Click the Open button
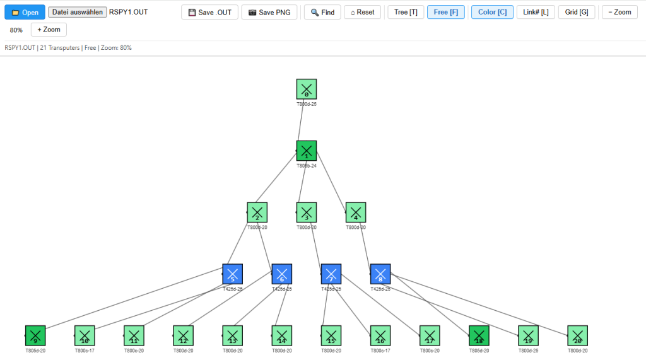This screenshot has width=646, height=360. click(x=25, y=12)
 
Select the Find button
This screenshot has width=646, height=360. click(x=322, y=12)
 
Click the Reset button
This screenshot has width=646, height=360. click(x=363, y=12)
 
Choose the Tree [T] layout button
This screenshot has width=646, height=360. click(x=406, y=12)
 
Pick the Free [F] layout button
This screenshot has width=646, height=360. click(x=446, y=12)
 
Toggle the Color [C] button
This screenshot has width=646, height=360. click(x=492, y=12)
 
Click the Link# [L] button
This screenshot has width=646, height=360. click(x=536, y=12)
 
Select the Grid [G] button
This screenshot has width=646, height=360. click(x=577, y=12)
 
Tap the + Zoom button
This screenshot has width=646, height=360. click(x=49, y=30)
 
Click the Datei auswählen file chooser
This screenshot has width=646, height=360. click(x=78, y=12)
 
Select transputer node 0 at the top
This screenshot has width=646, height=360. click(x=307, y=89)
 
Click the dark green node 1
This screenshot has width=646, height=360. click(x=307, y=151)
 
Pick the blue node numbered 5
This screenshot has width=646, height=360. click(x=232, y=274)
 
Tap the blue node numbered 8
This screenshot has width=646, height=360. click(x=380, y=274)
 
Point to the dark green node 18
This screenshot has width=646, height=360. click(x=479, y=335)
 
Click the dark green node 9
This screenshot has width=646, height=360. click(x=35, y=335)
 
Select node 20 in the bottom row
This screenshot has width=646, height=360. click(x=577, y=335)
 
